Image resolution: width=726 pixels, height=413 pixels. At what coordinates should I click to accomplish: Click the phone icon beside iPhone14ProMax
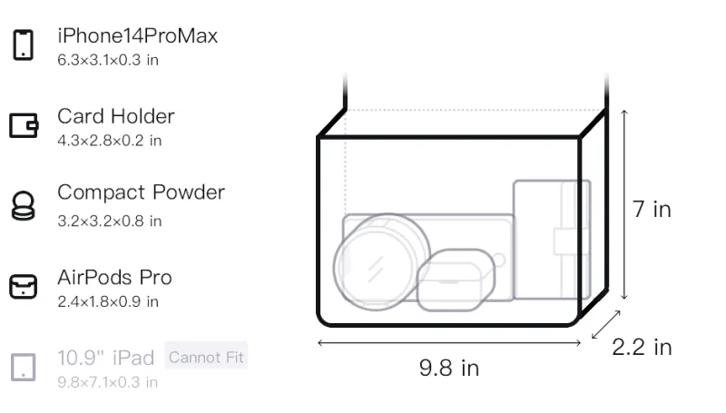pos(24,44)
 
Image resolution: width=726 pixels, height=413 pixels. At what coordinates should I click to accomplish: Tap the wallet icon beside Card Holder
pos(24,125)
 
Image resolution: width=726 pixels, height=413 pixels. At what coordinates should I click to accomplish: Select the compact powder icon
pos(23,205)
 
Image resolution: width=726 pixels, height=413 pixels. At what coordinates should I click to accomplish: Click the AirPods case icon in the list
pos(24,287)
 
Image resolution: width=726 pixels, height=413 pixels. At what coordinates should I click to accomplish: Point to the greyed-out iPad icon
pos(24,368)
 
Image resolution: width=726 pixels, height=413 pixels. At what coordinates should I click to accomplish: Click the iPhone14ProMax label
pos(138,36)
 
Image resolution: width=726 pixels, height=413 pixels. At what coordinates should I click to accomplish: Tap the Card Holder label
pos(116,116)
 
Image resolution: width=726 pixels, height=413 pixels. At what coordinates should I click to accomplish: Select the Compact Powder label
pos(142,192)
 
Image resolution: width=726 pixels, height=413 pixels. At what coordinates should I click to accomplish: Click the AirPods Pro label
pos(115,278)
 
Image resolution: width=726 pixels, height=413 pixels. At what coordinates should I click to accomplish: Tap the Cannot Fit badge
pos(206,357)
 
